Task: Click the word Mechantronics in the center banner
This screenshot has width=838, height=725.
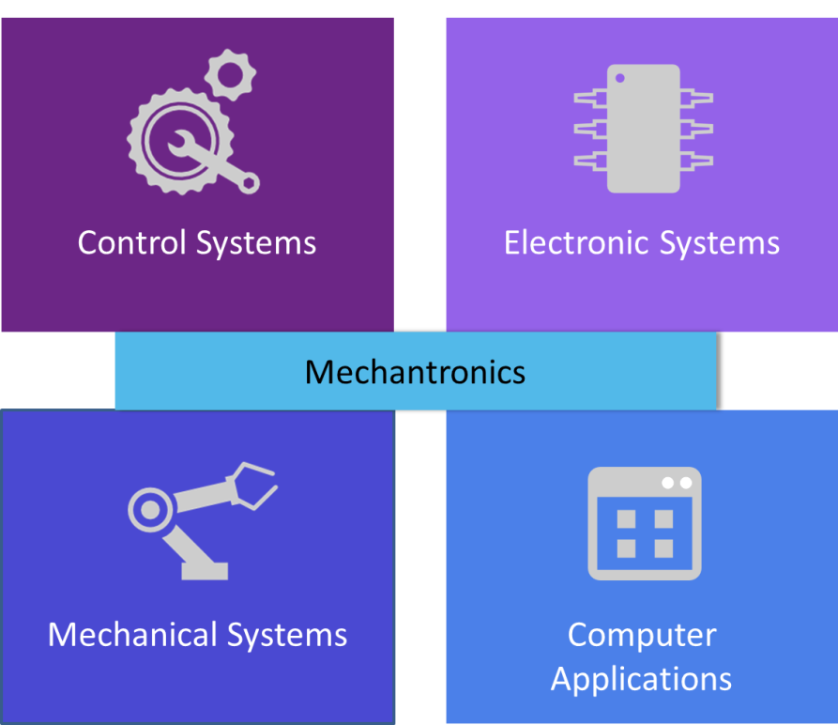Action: pyautogui.click(x=415, y=372)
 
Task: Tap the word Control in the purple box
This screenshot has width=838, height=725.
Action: pyautogui.click(x=132, y=242)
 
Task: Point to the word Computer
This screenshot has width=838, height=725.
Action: pyautogui.click(x=642, y=636)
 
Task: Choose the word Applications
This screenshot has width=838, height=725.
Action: pyautogui.click(x=641, y=680)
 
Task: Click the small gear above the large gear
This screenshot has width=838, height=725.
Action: pyautogui.click(x=230, y=75)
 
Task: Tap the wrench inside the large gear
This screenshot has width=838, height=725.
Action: pyautogui.click(x=213, y=161)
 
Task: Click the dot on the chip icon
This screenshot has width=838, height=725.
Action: pyautogui.click(x=620, y=78)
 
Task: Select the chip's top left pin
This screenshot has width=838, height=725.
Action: pyautogui.click(x=590, y=99)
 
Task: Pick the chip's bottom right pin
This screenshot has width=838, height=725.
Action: pyautogui.click(x=696, y=161)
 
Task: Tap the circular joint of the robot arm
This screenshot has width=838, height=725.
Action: pyautogui.click(x=150, y=510)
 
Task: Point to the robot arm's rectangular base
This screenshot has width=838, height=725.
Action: pyautogui.click(x=205, y=571)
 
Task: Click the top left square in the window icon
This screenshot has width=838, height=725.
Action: pyautogui.click(x=626, y=518)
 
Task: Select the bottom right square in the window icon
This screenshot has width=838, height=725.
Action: pyautogui.click(x=663, y=548)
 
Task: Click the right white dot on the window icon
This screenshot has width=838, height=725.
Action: pyautogui.click(x=686, y=483)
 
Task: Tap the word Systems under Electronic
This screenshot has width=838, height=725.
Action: pyautogui.click(x=720, y=244)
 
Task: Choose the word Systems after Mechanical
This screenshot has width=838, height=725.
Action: pyautogui.click(x=287, y=636)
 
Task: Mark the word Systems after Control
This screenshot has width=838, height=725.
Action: pyautogui.click(x=256, y=244)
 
